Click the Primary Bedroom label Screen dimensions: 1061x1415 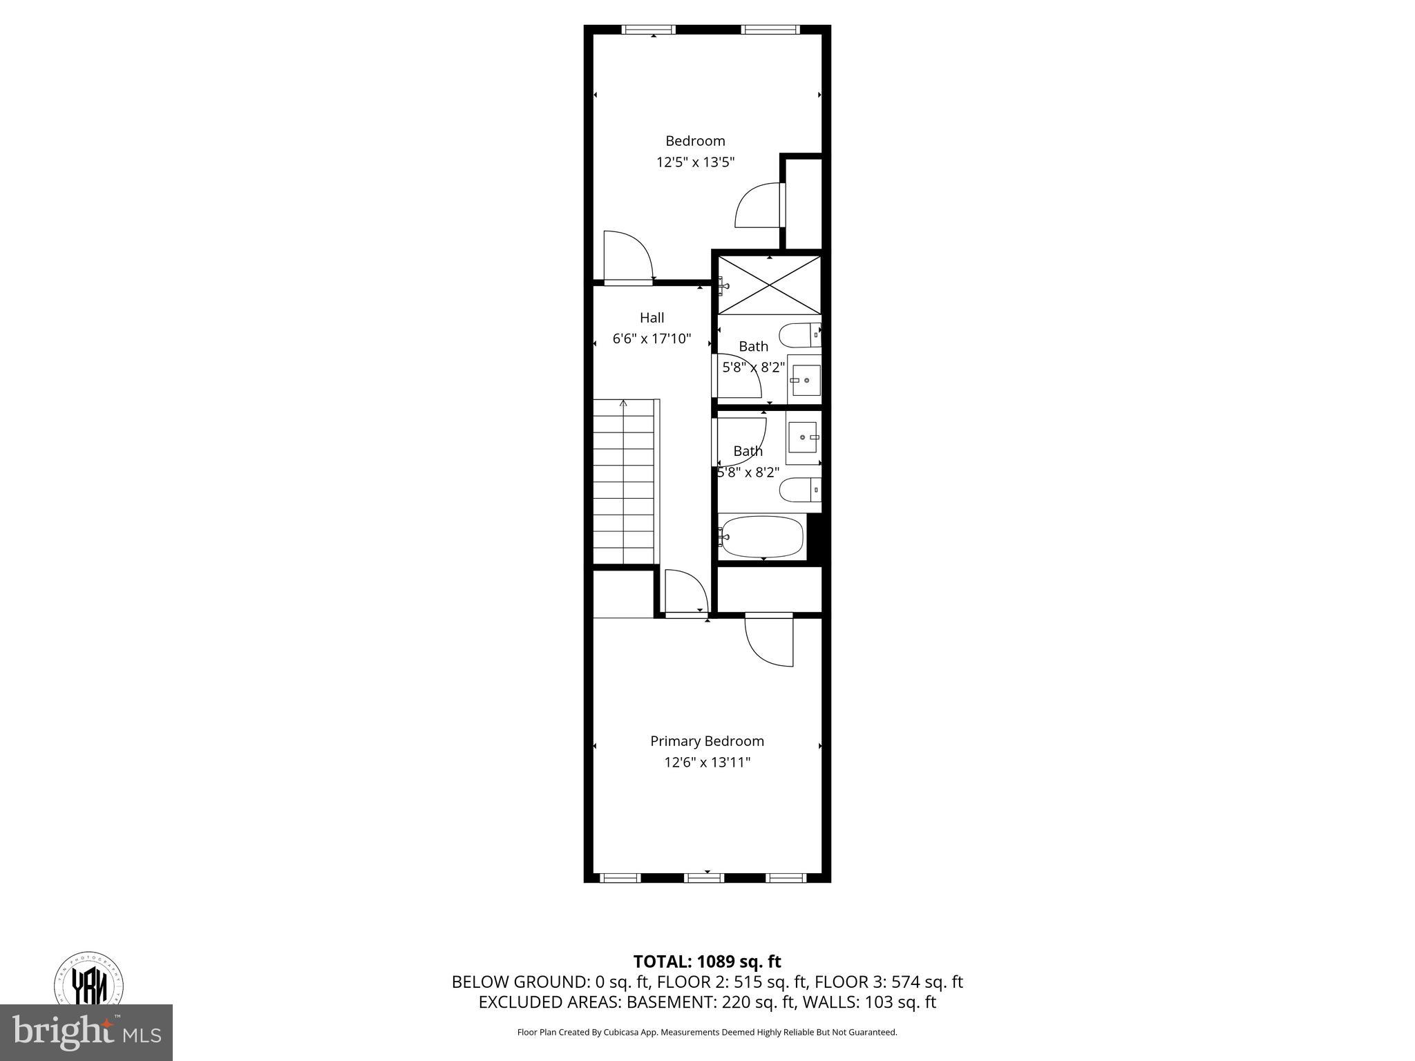click(707, 741)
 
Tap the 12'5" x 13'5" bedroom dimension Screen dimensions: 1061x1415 click(695, 162)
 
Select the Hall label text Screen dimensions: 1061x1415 click(652, 318)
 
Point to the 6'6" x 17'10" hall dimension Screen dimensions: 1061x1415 click(652, 339)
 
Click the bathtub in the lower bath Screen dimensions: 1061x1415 click(761, 537)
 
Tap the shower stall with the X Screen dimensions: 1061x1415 click(769, 285)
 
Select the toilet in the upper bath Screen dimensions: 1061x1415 click(799, 336)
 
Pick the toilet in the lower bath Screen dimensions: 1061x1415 click(799, 490)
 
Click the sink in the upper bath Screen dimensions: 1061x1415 click(805, 380)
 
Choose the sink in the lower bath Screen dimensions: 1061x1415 click(804, 437)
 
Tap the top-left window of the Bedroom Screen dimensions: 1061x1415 click(648, 30)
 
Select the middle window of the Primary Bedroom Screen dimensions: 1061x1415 click(704, 878)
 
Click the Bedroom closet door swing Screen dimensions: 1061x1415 click(759, 205)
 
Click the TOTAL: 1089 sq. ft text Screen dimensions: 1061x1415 click(707, 962)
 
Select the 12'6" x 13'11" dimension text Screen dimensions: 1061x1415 click(707, 763)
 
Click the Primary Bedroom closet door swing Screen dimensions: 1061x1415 click(770, 640)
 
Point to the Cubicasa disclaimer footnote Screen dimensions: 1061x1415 click(707, 1032)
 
